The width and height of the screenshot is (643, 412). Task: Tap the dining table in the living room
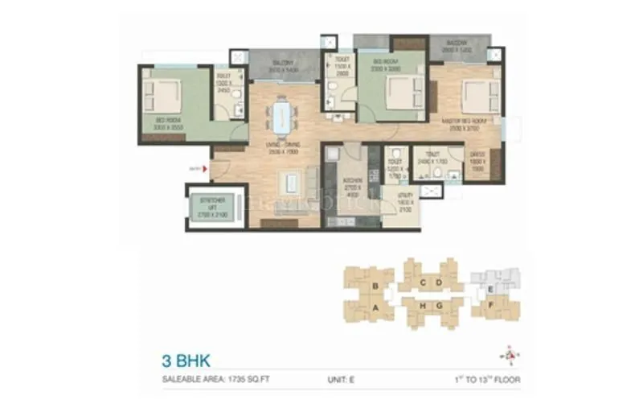click(x=280, y=115)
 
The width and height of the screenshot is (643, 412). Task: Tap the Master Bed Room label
click(x=466, y=123)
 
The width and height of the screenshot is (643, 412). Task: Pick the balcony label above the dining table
click(x=282, y=65)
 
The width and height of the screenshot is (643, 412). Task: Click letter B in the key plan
click(x=375, y=285)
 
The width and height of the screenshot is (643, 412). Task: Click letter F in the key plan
click(x=491, y=306)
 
